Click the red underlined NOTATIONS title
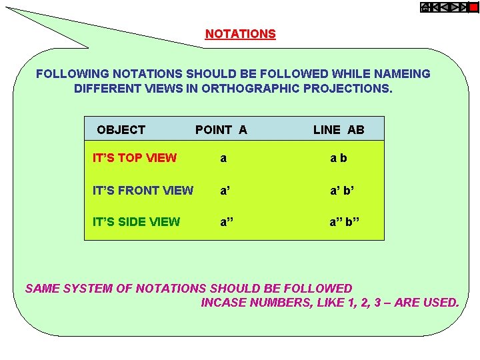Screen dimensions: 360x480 pos(240,34)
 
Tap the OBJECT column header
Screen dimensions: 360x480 pos(121,130)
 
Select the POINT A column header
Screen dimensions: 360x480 pos(221,130)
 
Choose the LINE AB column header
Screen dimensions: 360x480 pos(339,130)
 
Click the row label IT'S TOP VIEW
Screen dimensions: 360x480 pos(135,158)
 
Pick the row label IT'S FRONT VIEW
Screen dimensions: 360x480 pos(143,191)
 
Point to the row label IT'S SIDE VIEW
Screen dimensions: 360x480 pos(136,222)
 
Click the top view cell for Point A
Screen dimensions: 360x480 pos(223,159)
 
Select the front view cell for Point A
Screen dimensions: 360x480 pos(225,191)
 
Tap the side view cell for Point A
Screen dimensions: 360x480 pos(227,222)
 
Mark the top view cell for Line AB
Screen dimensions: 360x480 pos(339,159)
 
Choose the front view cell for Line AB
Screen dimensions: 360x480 pos(342,191)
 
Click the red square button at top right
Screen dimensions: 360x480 pos(473,8)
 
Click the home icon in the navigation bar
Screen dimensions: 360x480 pos(425,8)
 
